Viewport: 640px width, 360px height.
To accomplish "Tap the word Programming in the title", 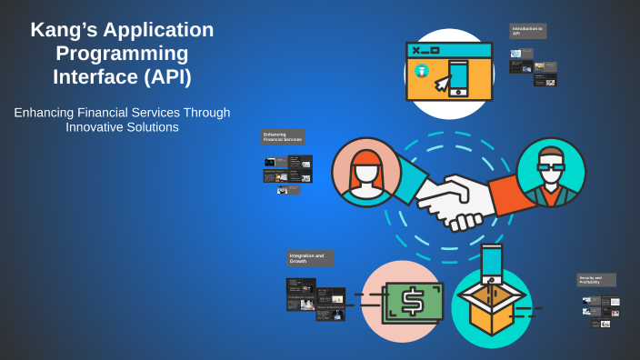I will [122, 54].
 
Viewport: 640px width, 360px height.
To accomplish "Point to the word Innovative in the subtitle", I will [96, 127].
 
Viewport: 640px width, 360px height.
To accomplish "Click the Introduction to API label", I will [527, 31].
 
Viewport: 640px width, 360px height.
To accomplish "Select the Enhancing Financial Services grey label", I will [282, 137].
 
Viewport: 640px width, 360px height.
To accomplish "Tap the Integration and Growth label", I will [309, 258].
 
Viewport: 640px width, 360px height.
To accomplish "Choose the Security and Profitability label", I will [595, 280].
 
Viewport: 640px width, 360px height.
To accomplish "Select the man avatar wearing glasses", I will [550, 173].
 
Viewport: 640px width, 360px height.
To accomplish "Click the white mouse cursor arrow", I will [442, 84].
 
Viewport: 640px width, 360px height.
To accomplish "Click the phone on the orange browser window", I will [458, 76].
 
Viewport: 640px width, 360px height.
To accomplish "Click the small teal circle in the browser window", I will [421, 71].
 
